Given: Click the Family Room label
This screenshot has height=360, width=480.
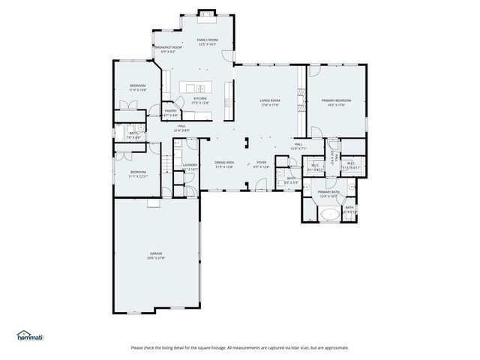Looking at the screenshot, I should [207, 39].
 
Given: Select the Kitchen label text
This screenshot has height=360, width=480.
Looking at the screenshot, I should [200, 98].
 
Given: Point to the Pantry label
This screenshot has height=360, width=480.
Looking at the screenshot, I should [171, 111].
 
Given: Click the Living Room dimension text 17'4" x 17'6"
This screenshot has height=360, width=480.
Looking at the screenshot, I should [270, 105].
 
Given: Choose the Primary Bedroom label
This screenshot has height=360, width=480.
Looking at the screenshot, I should [337, 100].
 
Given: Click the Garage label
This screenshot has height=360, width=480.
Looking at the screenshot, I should [156, 253].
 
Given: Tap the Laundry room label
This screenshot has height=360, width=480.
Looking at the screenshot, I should [190, 165].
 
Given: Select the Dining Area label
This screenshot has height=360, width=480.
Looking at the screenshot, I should [224, 162].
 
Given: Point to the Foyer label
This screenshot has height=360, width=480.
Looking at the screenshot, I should [261, 162].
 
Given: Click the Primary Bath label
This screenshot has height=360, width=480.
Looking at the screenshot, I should [328, 192].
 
